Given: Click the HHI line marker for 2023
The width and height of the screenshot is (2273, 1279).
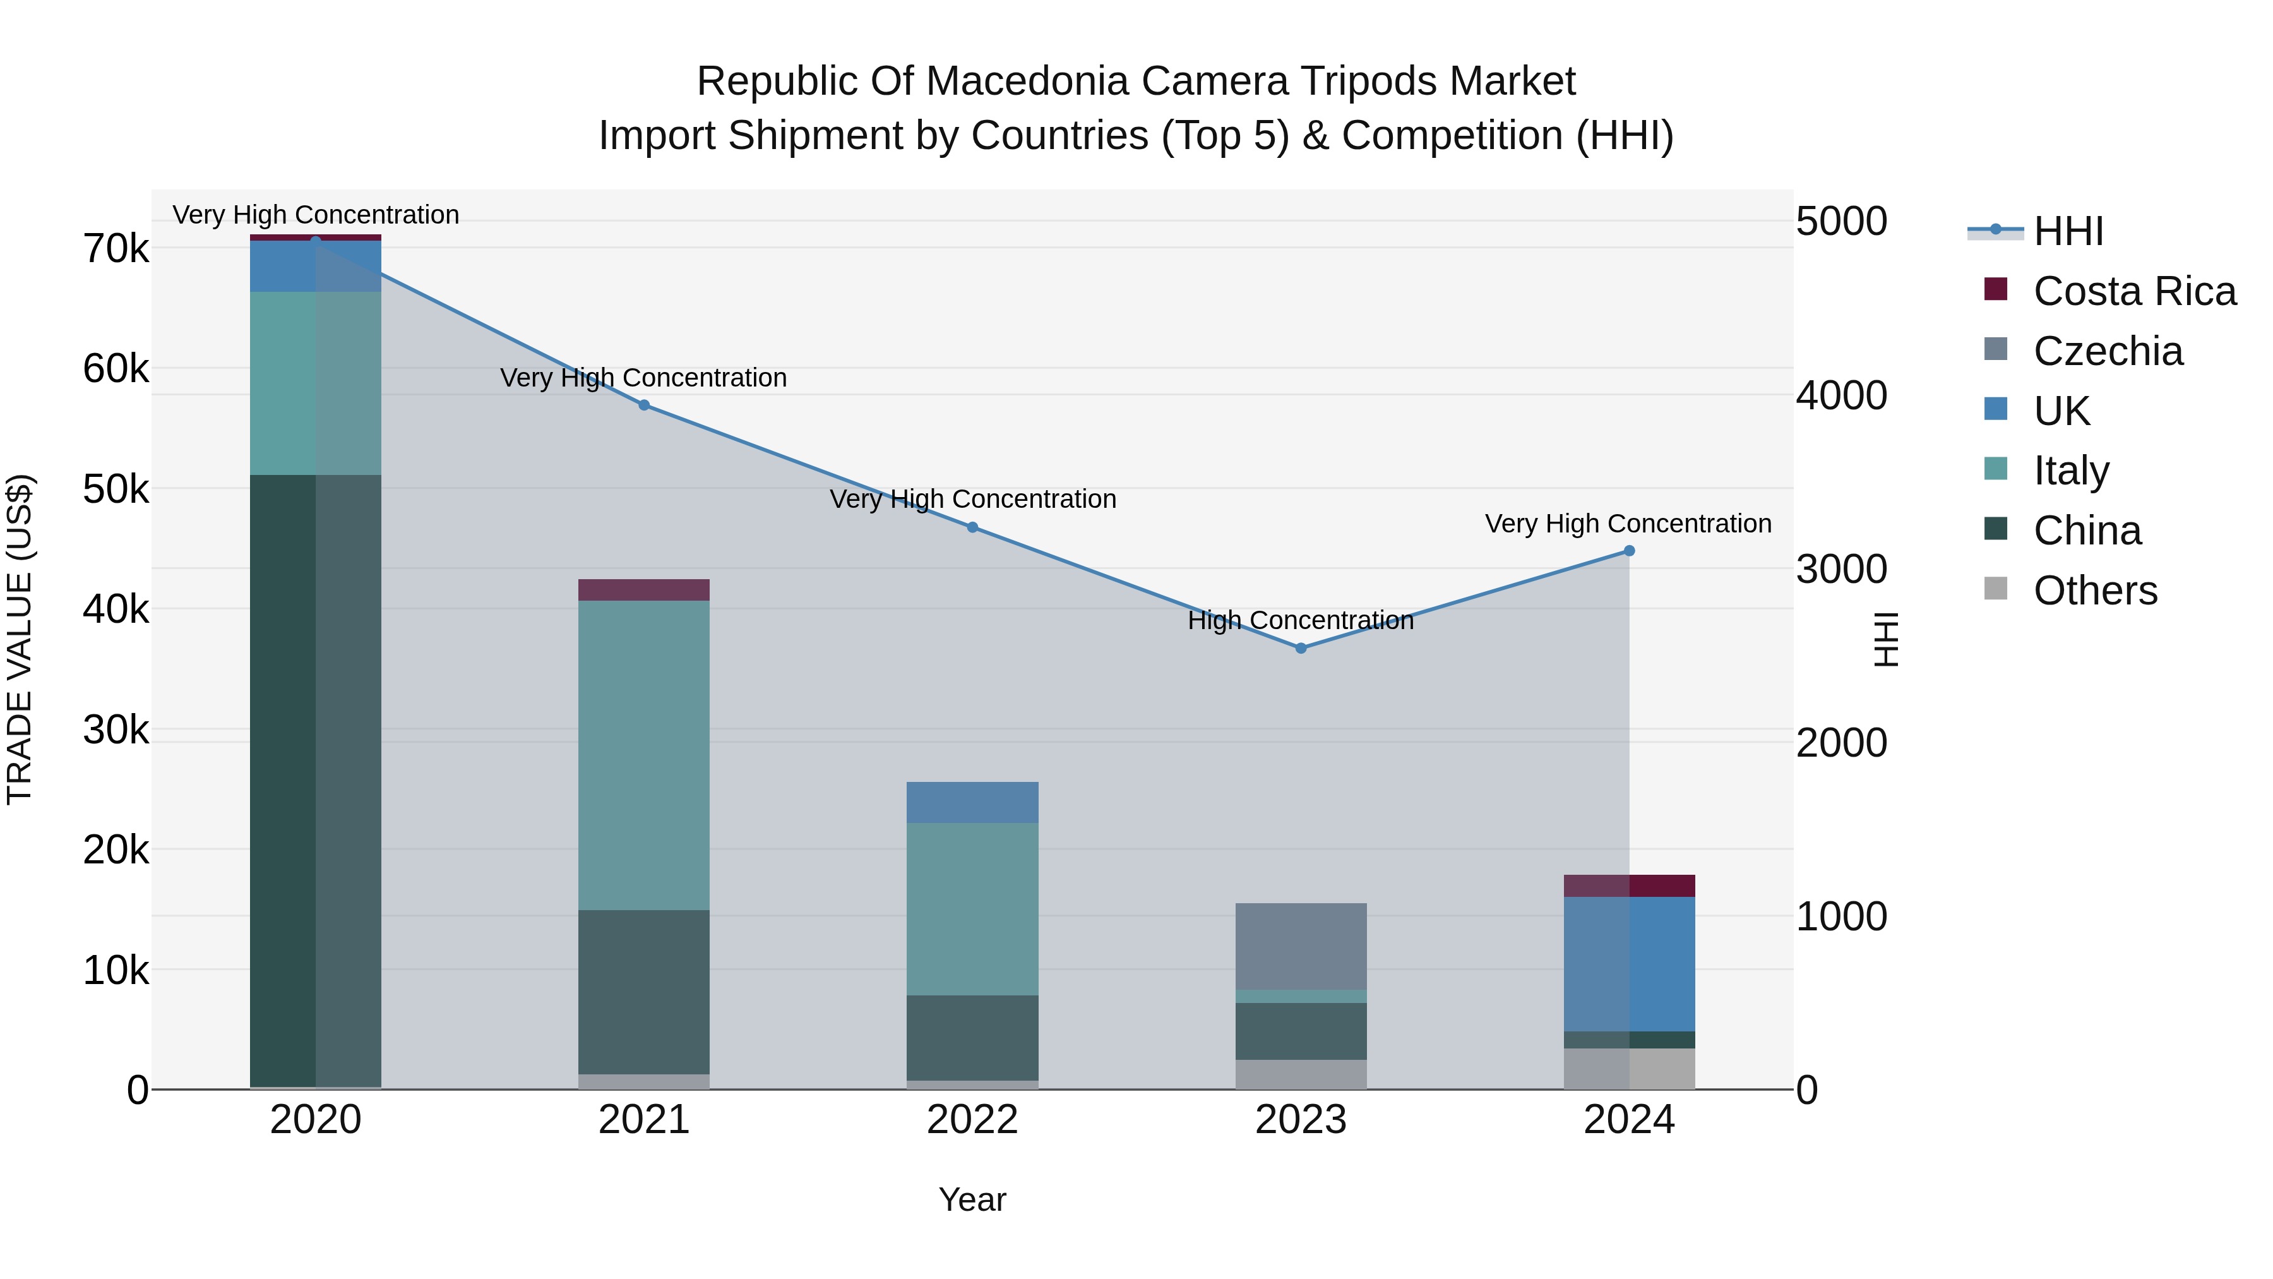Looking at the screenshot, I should coord(1301,648).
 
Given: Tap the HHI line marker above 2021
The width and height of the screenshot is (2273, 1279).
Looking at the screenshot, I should coord(644,405).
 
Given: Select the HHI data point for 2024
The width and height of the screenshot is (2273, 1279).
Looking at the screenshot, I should coord(1629,551).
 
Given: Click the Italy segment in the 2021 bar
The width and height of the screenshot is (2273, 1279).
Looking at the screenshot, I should coord(644,755).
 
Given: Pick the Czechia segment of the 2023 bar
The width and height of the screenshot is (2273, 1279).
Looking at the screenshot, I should coord(1301,946).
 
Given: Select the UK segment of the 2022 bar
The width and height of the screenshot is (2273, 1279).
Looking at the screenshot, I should coord(972,802).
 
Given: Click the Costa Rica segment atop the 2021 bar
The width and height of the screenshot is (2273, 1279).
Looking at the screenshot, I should coord(644,590).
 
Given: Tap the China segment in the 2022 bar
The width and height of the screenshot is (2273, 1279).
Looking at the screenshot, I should coord(972,1037).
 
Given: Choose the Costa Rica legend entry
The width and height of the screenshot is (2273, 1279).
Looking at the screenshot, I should coord(2133,291).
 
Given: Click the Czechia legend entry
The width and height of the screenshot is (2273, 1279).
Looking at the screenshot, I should coord(2107,351).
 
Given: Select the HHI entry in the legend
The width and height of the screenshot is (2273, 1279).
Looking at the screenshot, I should coord(2067,231).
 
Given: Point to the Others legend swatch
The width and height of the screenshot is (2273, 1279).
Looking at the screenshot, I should coord(1996,589).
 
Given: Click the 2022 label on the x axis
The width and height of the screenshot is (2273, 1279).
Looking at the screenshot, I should coord(972,1120).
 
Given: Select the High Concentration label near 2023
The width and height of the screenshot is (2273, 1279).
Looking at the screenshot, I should coord(1301,620).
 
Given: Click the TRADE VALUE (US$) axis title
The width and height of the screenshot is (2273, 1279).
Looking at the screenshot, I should coord(20,639).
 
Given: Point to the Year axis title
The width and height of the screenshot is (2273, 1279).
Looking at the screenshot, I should coord(972,1199).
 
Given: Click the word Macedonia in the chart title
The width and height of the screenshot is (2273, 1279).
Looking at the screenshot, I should coord(1029,81).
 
